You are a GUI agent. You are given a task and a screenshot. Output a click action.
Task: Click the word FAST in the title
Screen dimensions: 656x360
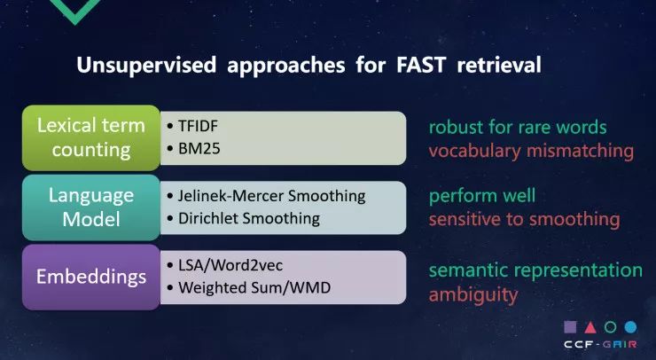tap(420, 66)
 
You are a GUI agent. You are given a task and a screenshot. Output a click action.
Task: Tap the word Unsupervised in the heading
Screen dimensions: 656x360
tap(146, 66)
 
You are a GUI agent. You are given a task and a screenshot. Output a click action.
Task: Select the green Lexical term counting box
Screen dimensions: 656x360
tap(91, 137)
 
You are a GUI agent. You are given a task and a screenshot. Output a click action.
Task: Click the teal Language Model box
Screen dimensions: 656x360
tap(91, 207)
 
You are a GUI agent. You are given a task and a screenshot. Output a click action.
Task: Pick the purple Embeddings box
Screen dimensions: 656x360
tap(91, 278)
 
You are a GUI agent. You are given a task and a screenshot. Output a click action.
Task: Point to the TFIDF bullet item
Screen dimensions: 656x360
tap(192, 126)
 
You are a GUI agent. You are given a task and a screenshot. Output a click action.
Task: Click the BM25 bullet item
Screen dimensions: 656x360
tap(193, 149)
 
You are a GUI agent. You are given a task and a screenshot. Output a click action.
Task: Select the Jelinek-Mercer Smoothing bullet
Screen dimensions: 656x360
tap(266, 196)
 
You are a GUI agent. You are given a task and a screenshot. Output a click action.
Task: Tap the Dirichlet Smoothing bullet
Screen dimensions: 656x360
tap(244, 218)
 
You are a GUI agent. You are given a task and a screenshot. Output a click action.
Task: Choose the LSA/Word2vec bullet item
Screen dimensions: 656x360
tap(224, 265)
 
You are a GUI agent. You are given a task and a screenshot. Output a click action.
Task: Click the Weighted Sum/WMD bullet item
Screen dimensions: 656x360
tap(248, 287)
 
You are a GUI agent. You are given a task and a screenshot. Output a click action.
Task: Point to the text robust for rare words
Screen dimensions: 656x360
tap(518, 128)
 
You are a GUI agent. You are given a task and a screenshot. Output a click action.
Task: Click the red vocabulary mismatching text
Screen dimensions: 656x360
tap(531, 151)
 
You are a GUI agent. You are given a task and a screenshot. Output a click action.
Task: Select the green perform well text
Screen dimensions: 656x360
tap(482, 196)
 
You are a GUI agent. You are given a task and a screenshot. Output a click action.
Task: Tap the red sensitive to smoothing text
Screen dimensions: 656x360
tap(525, 219)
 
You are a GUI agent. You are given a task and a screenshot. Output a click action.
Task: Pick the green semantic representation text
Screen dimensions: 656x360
tap(536, 270)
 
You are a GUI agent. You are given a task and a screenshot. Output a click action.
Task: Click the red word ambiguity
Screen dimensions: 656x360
tap(473, 295)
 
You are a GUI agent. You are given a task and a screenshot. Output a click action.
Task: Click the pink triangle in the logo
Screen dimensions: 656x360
tap(590, 327)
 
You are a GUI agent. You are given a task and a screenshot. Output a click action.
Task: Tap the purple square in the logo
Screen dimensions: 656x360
tap(570, 327)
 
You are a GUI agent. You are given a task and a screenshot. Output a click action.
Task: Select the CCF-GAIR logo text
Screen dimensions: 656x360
tap(600, 345)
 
